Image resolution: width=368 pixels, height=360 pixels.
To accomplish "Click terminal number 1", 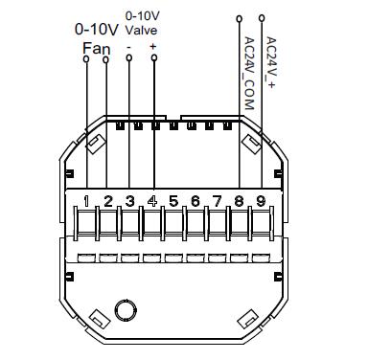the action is [86, 201].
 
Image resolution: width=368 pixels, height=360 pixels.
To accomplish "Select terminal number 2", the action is [108, 201].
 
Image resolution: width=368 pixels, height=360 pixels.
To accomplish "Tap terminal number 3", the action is [129, 201].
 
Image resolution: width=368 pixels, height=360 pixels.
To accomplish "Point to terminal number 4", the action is [152, 201].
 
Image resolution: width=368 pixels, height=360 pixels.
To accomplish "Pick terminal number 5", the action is [173, 201].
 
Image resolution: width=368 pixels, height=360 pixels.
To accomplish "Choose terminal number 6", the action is [195, 201].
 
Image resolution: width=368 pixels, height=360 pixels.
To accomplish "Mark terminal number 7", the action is [218, 201].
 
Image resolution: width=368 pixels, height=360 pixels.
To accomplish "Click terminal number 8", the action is [239, 201].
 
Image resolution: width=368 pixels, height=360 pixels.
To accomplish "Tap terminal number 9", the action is [261, 201].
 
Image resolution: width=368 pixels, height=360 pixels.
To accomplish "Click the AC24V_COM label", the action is [249, 74].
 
